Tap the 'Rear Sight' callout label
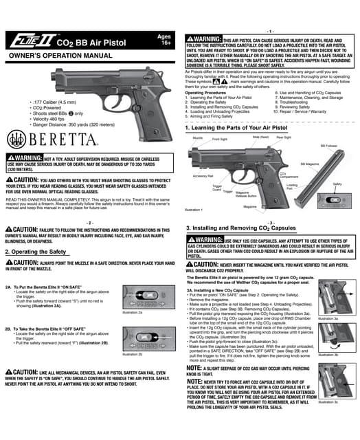pos(283,137)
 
